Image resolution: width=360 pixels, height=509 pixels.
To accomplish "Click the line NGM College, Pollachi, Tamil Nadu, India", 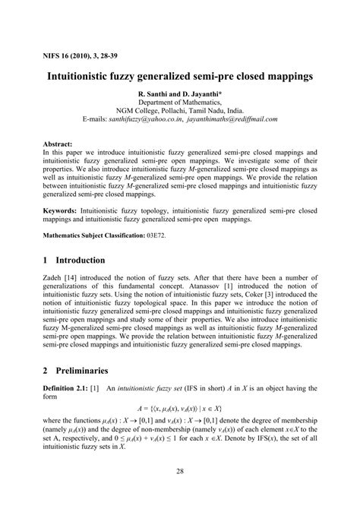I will (x=179, y=111).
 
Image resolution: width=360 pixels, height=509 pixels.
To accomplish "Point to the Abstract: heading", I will (x=58, y=143).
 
